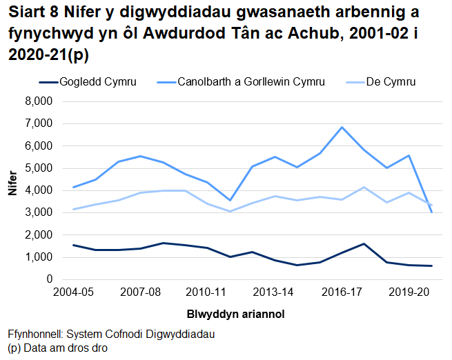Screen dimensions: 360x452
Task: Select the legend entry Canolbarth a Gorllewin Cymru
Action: (x=250, y=82)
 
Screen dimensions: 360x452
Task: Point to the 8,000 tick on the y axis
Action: (x=39, y=101)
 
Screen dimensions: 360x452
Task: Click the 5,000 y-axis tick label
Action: (x=39, y=168)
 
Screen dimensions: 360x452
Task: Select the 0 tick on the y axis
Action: (x=49, y=279)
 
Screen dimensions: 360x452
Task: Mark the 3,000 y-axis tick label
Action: (x=39, y=212)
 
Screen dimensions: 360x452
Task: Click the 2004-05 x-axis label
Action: (x=73, y=292)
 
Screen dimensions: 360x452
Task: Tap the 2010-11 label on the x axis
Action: (x=207, y=292)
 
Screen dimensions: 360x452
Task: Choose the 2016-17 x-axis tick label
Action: (x=342, y=292)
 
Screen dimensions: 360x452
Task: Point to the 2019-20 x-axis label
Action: (x=409, y=292)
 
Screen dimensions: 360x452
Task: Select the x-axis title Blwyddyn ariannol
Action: (x=235, y=314)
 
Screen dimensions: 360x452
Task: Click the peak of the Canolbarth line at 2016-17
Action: (x=342, y=127)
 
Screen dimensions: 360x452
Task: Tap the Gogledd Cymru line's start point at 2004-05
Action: (x=73, y=245)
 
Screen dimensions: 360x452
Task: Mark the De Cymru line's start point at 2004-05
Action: (x=73, y=210)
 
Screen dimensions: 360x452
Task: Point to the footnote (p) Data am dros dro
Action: (x=57, y=348)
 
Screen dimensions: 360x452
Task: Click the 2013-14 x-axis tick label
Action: (x=275, y=292)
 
